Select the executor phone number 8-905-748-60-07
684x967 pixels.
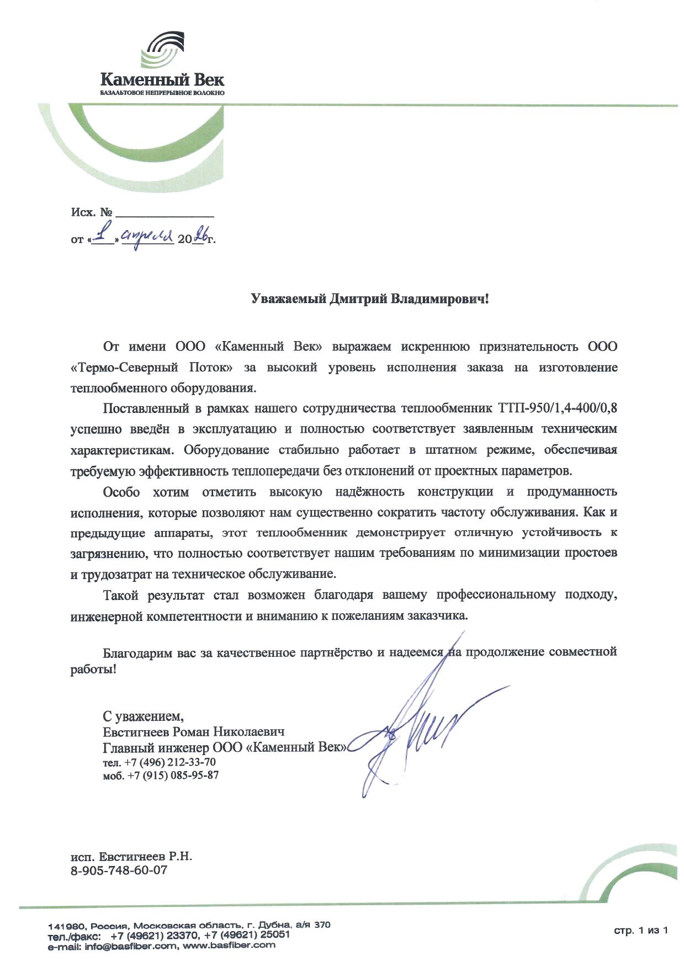(119, 870)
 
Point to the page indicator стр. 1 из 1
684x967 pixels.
(641, 931)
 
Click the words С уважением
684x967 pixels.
(143, 716)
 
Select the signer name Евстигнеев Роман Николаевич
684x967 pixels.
(194, 732)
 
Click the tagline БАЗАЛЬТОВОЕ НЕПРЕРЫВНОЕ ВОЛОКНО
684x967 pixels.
(162, 93)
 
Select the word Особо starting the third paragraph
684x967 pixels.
(121, 492)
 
